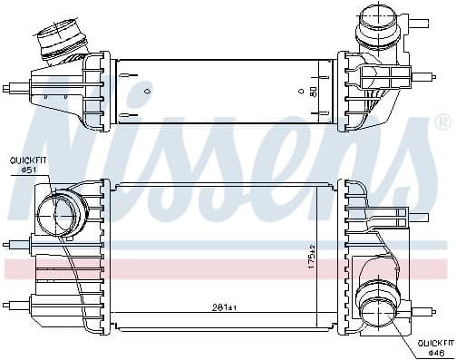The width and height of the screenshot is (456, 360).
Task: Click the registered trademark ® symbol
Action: [441, 122]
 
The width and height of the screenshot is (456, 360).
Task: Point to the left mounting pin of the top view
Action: [13, 89]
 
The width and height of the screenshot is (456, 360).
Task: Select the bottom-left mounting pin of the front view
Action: [13, 304]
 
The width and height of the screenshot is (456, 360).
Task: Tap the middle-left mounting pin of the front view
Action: [13, 243]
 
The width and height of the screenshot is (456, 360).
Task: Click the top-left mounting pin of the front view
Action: [13, 193]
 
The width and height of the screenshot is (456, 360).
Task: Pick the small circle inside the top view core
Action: [301, 92]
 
